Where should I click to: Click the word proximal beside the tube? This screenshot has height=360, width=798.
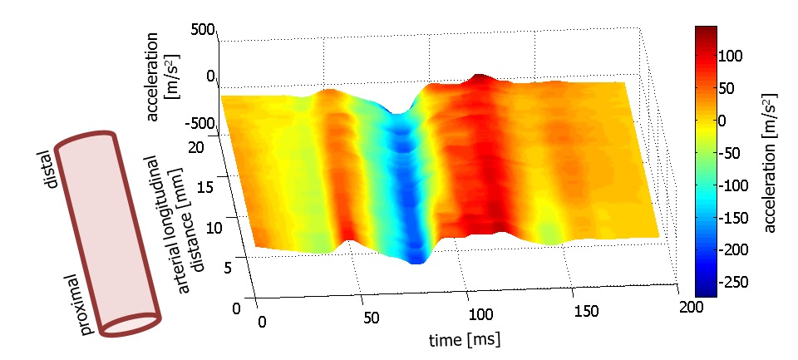[x=80, y=304]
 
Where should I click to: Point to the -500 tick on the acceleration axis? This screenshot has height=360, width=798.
[x=200, y=125]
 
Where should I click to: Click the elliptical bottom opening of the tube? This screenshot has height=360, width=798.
[x=131, y=325]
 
